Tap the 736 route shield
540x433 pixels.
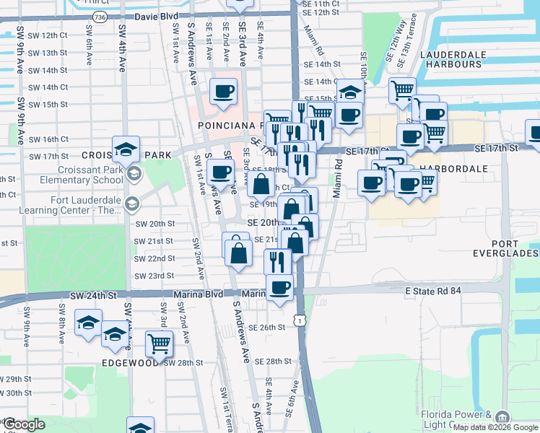(x=100, y=16)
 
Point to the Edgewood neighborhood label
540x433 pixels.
(x=130, y=363)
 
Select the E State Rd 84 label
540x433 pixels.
(x=437, y=290)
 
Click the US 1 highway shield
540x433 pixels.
(x=298, y=318)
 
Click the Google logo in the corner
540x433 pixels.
(x=24, y=425)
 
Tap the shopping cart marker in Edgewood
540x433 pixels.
(x=159, y=343)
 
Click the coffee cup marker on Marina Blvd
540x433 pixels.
(x=279, y=287)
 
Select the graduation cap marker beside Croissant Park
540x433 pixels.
(x=126, y=149)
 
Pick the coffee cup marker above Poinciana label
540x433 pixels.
(x=224, y=91)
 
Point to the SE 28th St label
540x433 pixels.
(x=269, y=361)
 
